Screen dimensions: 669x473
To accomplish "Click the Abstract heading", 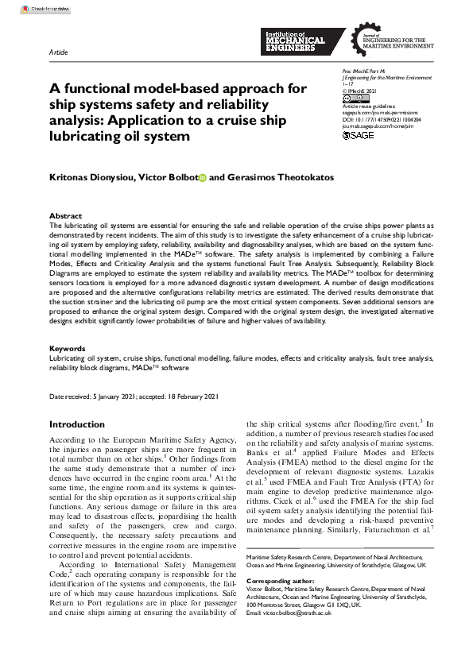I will click(65, 216).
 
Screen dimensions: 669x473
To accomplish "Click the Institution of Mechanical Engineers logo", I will click(293, 40).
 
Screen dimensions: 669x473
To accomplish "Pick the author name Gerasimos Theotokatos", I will click(272, 178).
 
